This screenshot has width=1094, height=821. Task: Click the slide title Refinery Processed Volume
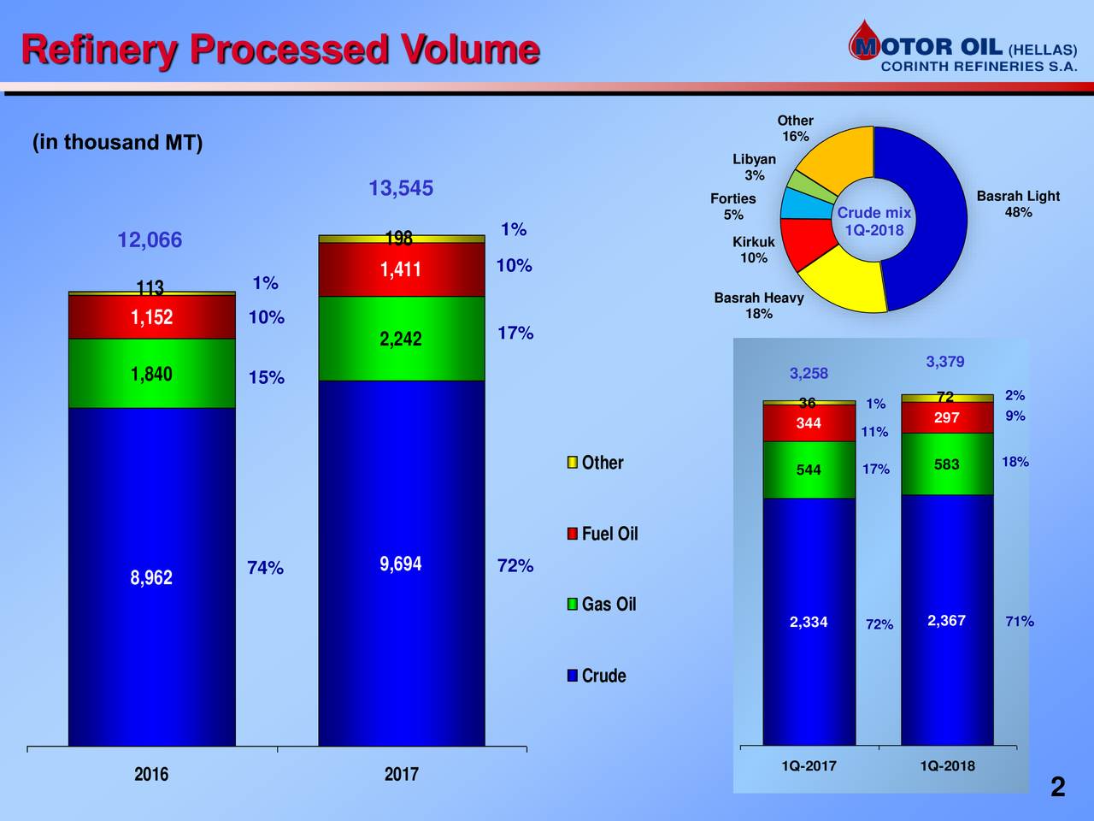tap(279, 49)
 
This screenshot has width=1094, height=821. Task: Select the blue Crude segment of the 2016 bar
tap(151, 576)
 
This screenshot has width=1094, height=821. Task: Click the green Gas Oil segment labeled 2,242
tap(401, 339)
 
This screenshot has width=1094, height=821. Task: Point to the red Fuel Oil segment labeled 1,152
tap(151, 317)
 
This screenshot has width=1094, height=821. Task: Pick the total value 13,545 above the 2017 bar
tap(400, 188)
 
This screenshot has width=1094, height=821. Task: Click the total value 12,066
tap(150, 240)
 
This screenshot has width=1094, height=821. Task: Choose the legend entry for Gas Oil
tap(602, 605)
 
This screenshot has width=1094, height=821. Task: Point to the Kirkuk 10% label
tap(753, 250)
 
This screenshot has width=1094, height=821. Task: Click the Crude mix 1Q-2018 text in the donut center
tap(873, 221)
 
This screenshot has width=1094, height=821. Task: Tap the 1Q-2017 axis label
tap(809, 765)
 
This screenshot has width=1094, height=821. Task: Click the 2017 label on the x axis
tap(401, 774)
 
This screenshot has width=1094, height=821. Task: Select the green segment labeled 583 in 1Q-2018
tap(946, 464)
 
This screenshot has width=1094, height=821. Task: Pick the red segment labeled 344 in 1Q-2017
tap(809, 423)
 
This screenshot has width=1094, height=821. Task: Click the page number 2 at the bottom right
tap(1058, 787)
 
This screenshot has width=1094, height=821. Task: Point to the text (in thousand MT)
tap(117, 142)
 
